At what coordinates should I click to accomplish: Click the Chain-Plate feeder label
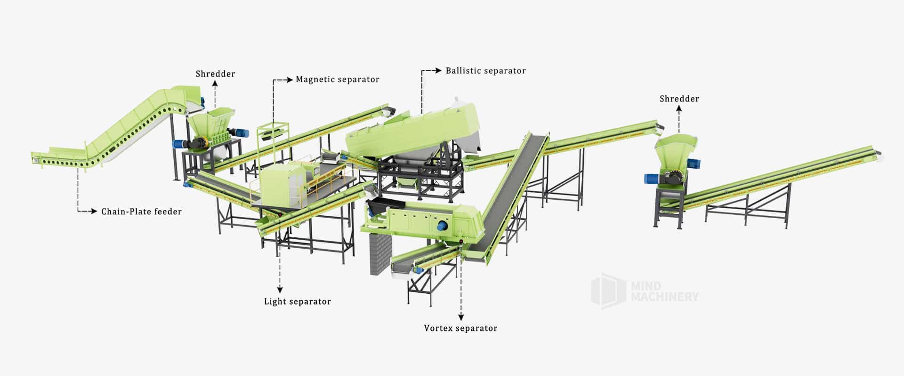(141, 212)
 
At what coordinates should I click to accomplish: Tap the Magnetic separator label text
(337, 79)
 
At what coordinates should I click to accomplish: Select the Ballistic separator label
(485, 71)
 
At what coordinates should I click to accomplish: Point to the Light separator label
(297, 302)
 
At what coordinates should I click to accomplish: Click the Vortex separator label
(460, 328)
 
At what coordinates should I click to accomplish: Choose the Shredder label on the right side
(679, 99)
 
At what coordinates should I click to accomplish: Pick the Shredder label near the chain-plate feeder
(215, 74)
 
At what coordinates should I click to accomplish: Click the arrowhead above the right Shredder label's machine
(679, 109)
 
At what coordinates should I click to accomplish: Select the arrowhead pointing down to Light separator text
(280, 290)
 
